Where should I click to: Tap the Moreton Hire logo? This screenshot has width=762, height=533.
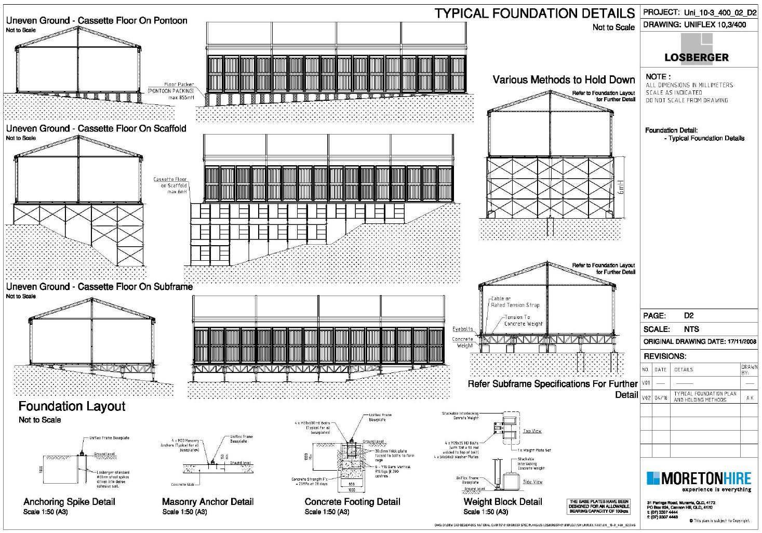coord(699,481)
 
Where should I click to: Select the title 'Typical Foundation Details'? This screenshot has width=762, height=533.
coord(534,14)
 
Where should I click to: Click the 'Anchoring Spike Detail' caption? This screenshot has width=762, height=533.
coord(69,502)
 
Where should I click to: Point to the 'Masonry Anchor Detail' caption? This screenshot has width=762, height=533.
coord(208,502)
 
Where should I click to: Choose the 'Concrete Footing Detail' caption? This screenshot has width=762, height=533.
coord(352,502)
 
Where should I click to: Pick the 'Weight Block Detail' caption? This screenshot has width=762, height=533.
coord(502,502)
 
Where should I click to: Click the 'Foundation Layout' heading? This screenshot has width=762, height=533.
coord(72,406)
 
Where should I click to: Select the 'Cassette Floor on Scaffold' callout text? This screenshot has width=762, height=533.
coord(170,185)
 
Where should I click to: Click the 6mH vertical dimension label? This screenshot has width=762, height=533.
coord(620,188)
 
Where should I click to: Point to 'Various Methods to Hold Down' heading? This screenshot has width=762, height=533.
coord(564,80)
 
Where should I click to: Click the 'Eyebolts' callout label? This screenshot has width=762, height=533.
coord(462,329)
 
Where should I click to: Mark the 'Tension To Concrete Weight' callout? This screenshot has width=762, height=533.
coord(523,320)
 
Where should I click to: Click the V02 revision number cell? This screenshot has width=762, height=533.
coord(646,397)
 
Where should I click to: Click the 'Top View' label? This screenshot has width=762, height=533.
coord(532,431)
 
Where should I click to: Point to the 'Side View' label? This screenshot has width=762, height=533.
coord(532,482)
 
